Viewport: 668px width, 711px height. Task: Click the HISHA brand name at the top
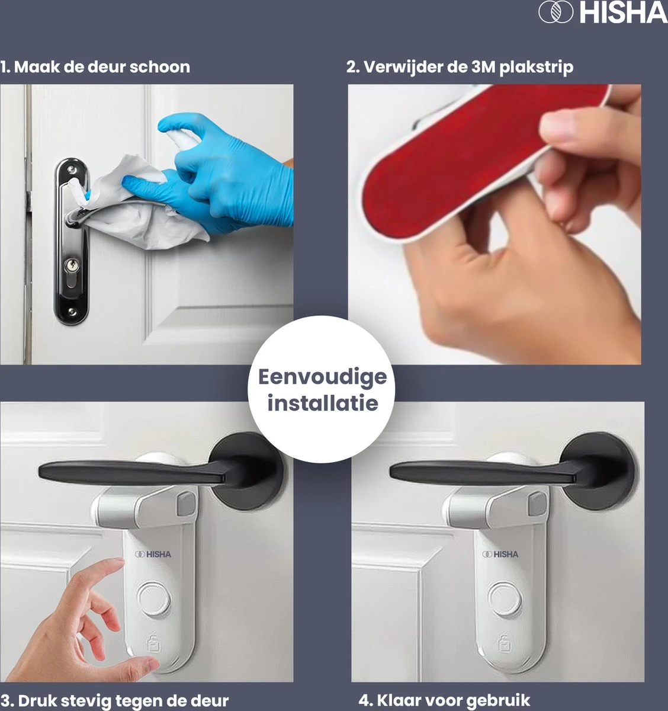coord(623,13)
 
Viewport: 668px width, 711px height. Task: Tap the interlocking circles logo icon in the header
coord(555,13)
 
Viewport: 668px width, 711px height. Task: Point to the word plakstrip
coord(537,68)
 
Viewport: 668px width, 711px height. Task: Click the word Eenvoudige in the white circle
coord(323,377)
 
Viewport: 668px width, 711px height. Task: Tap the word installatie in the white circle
coord(323,403)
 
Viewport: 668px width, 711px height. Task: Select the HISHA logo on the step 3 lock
coord(153,554)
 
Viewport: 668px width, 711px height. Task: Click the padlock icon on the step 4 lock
coord(504,643)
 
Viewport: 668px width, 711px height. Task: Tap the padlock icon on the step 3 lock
coord(154,643)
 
